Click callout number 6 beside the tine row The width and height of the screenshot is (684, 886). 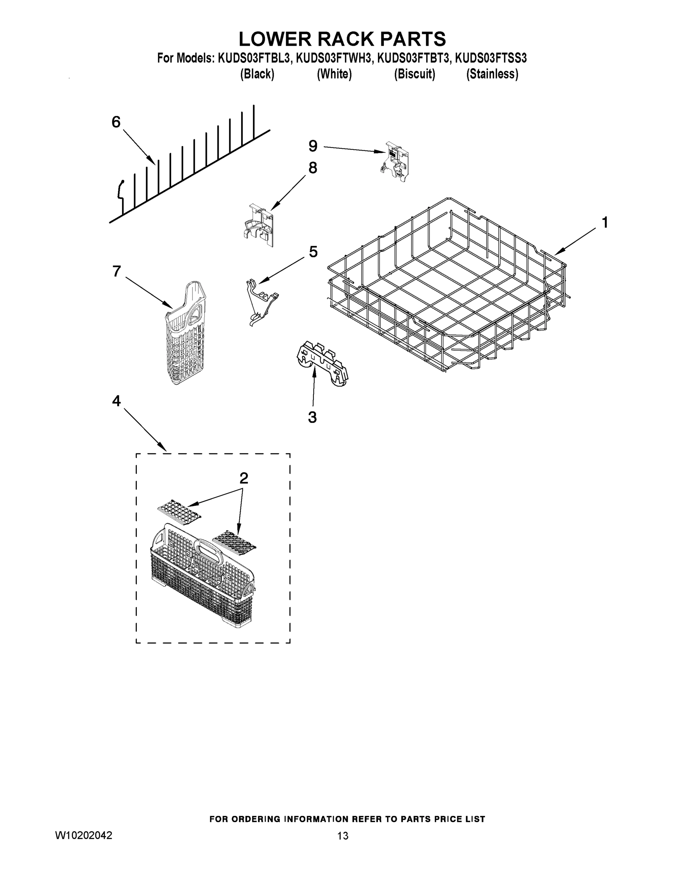(x=116, y=122)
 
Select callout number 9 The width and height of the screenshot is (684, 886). (x=313, y=146)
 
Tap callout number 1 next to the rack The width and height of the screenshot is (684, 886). (x=605, y=223)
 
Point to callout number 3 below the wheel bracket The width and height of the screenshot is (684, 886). (x=312, y=417)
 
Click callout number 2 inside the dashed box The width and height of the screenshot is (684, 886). (x=243, y=478)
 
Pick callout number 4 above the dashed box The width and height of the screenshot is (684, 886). (x=116, y=401)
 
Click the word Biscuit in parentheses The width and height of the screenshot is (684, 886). (x=414, y=74)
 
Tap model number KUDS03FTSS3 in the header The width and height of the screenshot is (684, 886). (x=491, y=58)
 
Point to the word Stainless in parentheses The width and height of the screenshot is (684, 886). (x=492, y=74)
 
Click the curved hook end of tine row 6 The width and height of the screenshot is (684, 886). (x=119, y=190)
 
